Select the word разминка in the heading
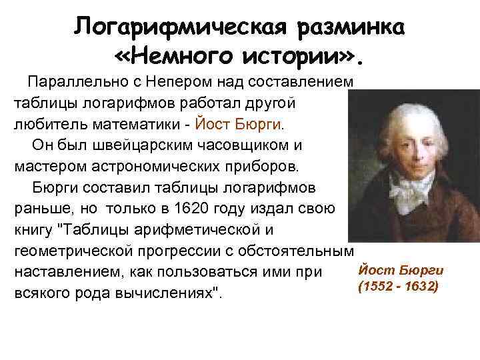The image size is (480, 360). (353, 28)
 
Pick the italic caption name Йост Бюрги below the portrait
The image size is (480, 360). (401, 270)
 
